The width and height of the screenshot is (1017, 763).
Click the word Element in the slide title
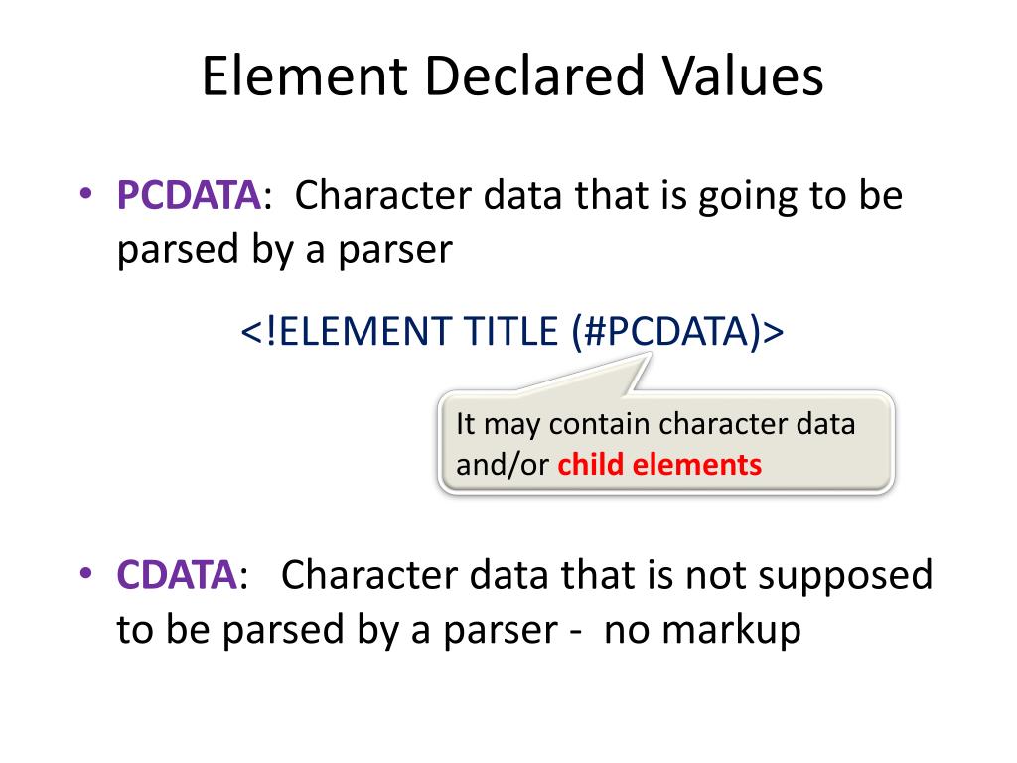(305, 76)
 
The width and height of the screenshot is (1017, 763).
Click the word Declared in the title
(534, 76)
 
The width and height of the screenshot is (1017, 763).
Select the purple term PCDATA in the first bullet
(189, 195)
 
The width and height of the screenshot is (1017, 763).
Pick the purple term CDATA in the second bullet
(177, 575)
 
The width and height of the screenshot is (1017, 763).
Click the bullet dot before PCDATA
(85, 193)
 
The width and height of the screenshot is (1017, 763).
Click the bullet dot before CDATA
(85, 573)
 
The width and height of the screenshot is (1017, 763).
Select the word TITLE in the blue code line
(510, 331)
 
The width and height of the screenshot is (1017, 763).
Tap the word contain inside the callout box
(599, 424)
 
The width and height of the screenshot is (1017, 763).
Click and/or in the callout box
(503, 465)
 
